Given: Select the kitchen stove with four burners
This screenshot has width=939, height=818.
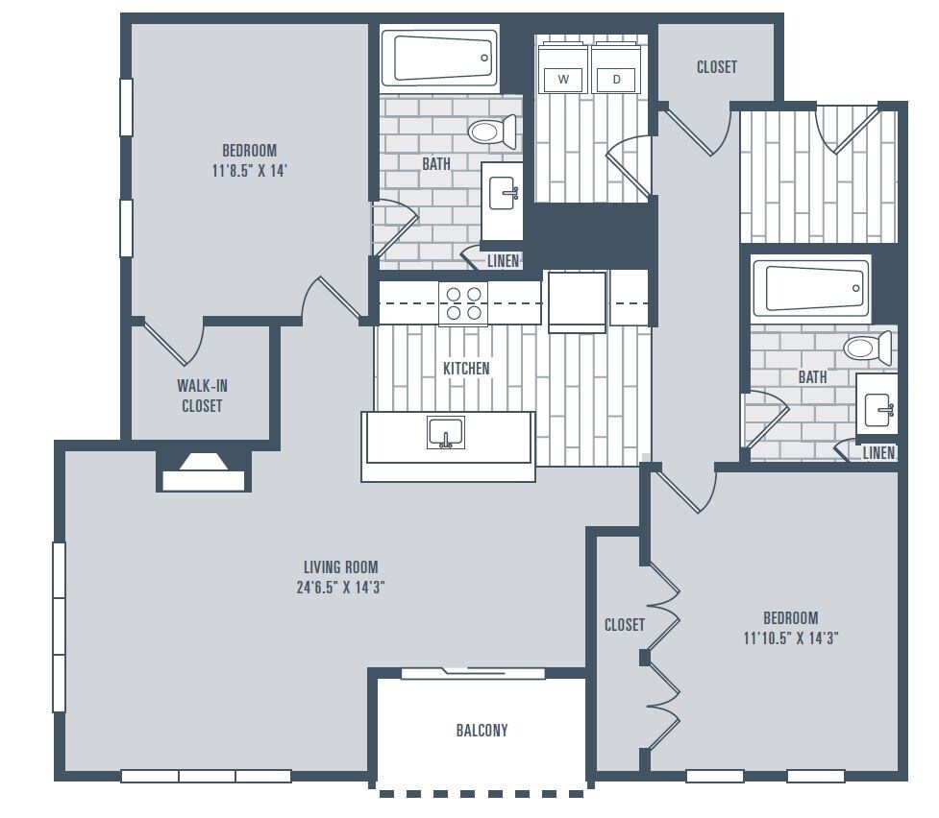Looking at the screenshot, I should [463, 303].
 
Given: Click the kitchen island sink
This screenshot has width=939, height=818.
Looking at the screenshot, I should [446, 434].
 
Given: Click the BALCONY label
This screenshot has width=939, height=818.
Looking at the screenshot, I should [482, 731].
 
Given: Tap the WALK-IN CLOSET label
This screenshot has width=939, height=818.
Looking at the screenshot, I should [202, 396].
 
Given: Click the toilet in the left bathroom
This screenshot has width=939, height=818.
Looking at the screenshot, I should [490, 132].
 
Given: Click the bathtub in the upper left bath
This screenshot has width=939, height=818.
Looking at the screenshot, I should [440, 58].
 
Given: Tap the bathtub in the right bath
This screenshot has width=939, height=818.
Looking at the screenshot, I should [810, 287].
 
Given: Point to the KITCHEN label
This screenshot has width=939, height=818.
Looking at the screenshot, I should [466, 369].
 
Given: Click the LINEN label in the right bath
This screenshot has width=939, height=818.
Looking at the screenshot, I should [878, 453].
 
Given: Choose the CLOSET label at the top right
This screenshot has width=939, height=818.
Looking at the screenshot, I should [716, 67].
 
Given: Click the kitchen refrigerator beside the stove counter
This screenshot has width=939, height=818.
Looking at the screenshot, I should [577, 301].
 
